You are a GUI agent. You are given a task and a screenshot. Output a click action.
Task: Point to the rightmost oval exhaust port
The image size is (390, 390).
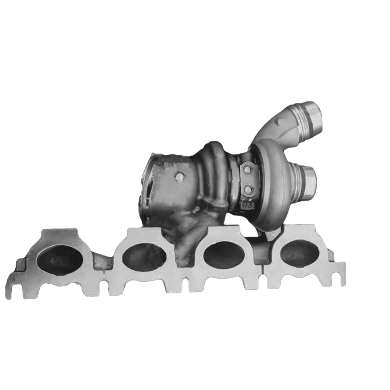(299, 254)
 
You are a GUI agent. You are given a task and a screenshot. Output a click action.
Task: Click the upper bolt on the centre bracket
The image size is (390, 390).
(246, 169)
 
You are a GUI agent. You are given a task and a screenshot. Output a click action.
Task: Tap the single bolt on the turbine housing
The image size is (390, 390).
(179, 177)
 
